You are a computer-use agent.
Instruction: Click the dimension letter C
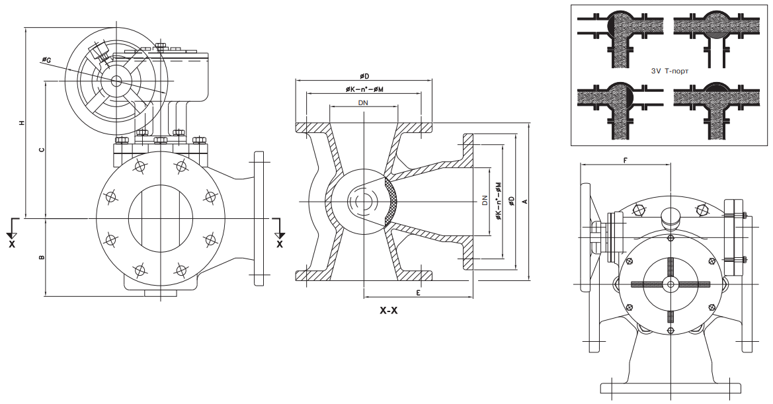coord(41,150)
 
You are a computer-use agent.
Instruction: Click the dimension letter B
coord(41,257)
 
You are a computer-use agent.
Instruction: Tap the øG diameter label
coord(46,61)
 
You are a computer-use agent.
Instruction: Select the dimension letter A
coord(524,201)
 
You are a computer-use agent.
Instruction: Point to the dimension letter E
coord(419,291)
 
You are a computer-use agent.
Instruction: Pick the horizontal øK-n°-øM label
coord(364,89)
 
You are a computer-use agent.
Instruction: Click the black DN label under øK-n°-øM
coord(363,103)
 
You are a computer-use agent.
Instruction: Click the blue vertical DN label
coord(484,200)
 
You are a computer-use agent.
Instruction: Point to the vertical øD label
coord(510,200)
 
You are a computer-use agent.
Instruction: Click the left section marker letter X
coord(11,243)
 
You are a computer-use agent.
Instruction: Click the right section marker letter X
coord(279,243)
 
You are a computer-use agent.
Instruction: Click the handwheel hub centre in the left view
coord(116,81)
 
